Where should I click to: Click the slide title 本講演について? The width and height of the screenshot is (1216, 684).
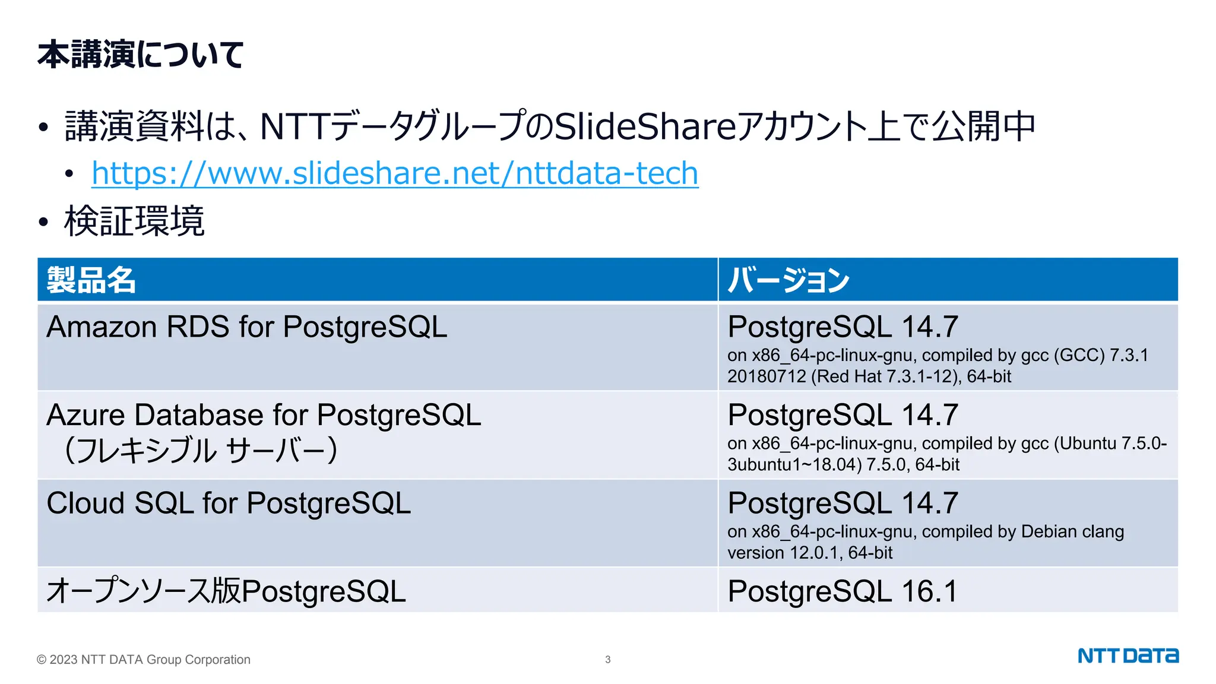click(141, 55)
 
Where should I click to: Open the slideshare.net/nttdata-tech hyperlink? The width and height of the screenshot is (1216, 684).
click(395, 173)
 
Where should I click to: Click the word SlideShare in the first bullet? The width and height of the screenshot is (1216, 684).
click(644, 126)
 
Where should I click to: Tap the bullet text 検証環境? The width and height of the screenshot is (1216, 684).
click(134, 221)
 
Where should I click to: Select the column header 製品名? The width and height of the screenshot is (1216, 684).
click(91, 280)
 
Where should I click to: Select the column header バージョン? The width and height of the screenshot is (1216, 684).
click(788, 280)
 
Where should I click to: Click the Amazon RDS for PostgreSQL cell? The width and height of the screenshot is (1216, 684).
click(247, 327)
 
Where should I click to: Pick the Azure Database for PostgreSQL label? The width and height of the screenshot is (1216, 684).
click(264, 415)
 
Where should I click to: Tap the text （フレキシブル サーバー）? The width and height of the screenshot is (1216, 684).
click(201, 450)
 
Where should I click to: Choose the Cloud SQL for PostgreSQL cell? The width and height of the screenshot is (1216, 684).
click(229, 503)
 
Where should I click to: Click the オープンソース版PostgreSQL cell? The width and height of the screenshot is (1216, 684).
click(226, 591)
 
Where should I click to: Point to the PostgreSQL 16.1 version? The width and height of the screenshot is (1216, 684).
click(843, 591)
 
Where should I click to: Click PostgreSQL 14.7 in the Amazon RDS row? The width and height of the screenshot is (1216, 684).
click(843, 327)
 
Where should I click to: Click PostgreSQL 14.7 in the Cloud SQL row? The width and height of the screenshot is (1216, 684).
click(843, 503)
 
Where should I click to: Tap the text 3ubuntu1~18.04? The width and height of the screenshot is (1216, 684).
click(794, 464)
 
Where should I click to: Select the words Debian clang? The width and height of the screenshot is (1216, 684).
click(1072, 531)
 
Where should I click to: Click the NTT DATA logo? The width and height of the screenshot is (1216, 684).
click(1128, 656)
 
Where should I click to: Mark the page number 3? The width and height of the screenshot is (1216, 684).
click(607, 659)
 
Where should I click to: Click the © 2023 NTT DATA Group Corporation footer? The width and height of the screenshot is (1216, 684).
click(144, 660)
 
